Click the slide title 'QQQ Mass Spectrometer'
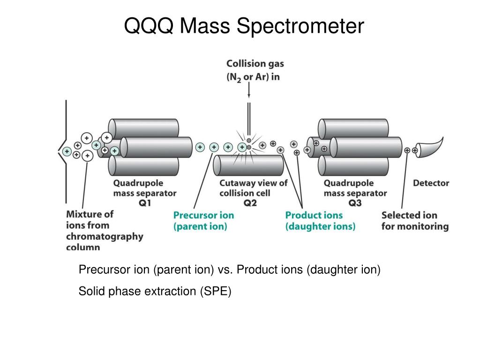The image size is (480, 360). (x=243, y=27)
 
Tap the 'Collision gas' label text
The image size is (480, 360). (x=255, y=63)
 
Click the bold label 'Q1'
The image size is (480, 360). (x=145, y=203)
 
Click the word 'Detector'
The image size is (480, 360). (x=431, y=183)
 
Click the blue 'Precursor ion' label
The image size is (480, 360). (x=203, y=216)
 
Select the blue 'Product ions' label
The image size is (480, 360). (x=314, y=216)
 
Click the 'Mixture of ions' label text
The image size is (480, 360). (x=90, y=219)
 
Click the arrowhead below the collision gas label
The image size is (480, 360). (x=249, y=96)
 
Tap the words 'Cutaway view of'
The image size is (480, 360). (x=253, y=183)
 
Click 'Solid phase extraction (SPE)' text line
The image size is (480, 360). (x=155, y=291)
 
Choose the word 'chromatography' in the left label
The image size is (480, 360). (x=105, y=236)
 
